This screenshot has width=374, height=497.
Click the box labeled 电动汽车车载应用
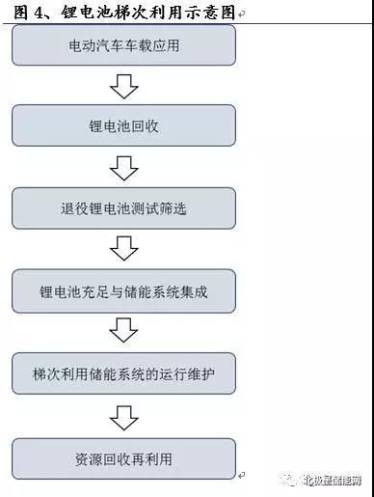(122, 44)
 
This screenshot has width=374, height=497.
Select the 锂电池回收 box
(122, 125)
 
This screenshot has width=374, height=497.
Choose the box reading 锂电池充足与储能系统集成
(122, 290)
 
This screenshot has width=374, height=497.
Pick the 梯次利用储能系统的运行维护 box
(122, 372)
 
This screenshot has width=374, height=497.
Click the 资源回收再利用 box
(122, 454)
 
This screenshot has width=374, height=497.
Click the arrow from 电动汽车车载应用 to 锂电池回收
(122, 87)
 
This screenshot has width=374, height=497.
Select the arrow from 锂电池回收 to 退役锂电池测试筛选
(122, 168)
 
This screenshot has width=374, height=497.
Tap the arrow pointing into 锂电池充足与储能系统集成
(122, 250)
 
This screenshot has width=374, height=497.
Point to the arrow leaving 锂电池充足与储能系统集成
(122, 332)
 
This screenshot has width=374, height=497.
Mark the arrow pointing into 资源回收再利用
(122, 414)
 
